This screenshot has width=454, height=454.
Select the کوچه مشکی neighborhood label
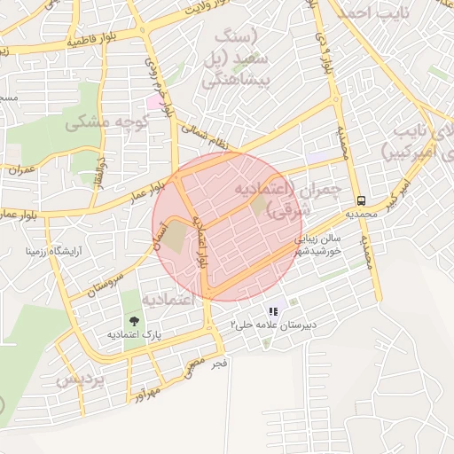99,122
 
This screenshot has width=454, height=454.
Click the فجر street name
221,363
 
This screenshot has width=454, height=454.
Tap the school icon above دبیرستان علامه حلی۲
273,311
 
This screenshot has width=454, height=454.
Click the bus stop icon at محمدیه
361,200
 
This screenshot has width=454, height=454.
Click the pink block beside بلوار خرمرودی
155,102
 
